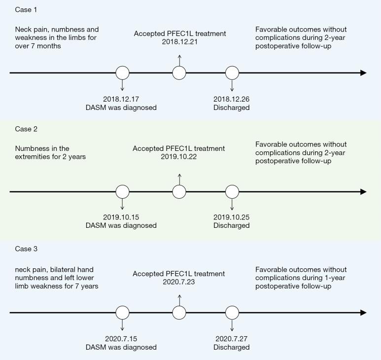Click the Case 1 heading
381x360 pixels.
26,10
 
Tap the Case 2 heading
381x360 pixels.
26,129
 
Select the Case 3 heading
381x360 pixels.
26,249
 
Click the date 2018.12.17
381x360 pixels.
121,99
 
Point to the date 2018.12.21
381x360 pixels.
180,42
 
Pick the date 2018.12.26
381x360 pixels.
232,99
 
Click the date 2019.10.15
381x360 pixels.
121,217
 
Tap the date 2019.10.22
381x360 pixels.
179,156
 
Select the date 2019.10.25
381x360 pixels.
232,217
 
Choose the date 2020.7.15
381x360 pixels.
121,339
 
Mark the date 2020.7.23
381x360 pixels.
179,282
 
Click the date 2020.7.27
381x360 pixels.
232,339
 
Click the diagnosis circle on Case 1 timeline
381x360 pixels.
122,73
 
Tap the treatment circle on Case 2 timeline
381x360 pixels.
179,192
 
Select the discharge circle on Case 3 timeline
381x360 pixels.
232,313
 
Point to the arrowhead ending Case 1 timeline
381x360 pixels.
364,73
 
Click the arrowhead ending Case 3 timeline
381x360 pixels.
364,313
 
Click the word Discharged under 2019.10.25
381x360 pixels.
232,225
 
